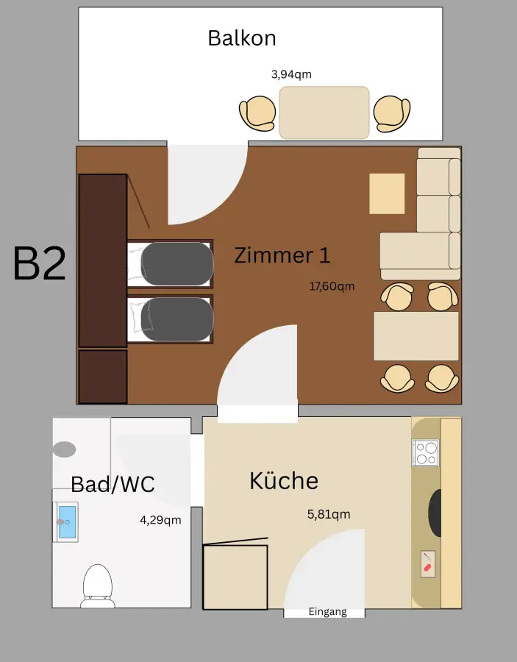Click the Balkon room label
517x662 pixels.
tap(242, 38)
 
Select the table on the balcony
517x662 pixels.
tap(324, 113)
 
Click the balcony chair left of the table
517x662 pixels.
tap(257, 114)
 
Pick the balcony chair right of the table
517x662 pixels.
tap(391, 114)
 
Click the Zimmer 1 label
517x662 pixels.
tap(282, 255)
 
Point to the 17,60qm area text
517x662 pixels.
tap(332, 286)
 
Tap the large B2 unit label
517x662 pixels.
tap(40, 264)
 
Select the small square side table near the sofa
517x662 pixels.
tap(387, 193)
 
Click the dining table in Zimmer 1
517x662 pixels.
tap(416, 336)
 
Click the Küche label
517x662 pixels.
tap(284, 480)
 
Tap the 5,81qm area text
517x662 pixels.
tap(329, 514)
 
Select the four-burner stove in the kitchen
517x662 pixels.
tap(425, 452)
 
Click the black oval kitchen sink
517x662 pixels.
tap(435, 513)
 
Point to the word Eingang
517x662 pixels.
tap(327, 612)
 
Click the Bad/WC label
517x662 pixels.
tap(113, 484)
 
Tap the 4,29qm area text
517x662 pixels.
tap(160, 520)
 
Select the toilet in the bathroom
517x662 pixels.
tap(97, 585)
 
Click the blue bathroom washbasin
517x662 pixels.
tap(66, 522)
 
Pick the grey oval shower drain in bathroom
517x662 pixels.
tap(64, 449)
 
